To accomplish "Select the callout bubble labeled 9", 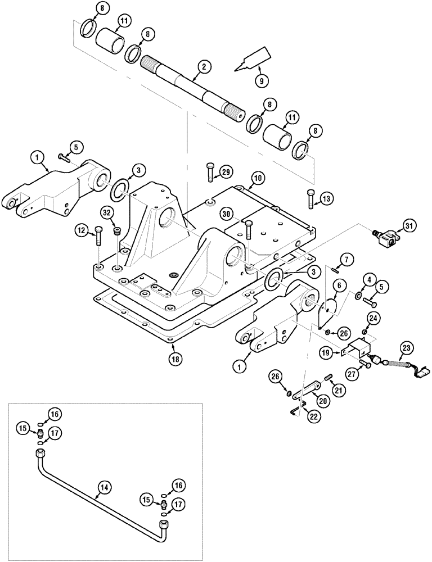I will click(260, 80).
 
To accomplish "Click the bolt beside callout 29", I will click(210, 171).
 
